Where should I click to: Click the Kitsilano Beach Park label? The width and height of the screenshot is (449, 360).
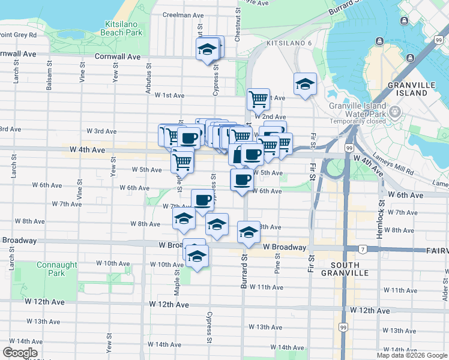[124, 28]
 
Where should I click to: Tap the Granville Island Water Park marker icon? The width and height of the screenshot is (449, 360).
[396, 112]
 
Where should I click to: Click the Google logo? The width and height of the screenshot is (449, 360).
[20, 353]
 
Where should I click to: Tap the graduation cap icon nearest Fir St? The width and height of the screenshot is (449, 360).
[305, 84]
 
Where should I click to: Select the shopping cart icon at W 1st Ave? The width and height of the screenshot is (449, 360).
[258, 98]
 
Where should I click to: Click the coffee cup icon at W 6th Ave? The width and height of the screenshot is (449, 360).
[242, 179]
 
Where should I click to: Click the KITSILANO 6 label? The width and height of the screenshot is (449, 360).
[289, 44]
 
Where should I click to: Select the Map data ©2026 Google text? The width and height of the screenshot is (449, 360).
[411, 355]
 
